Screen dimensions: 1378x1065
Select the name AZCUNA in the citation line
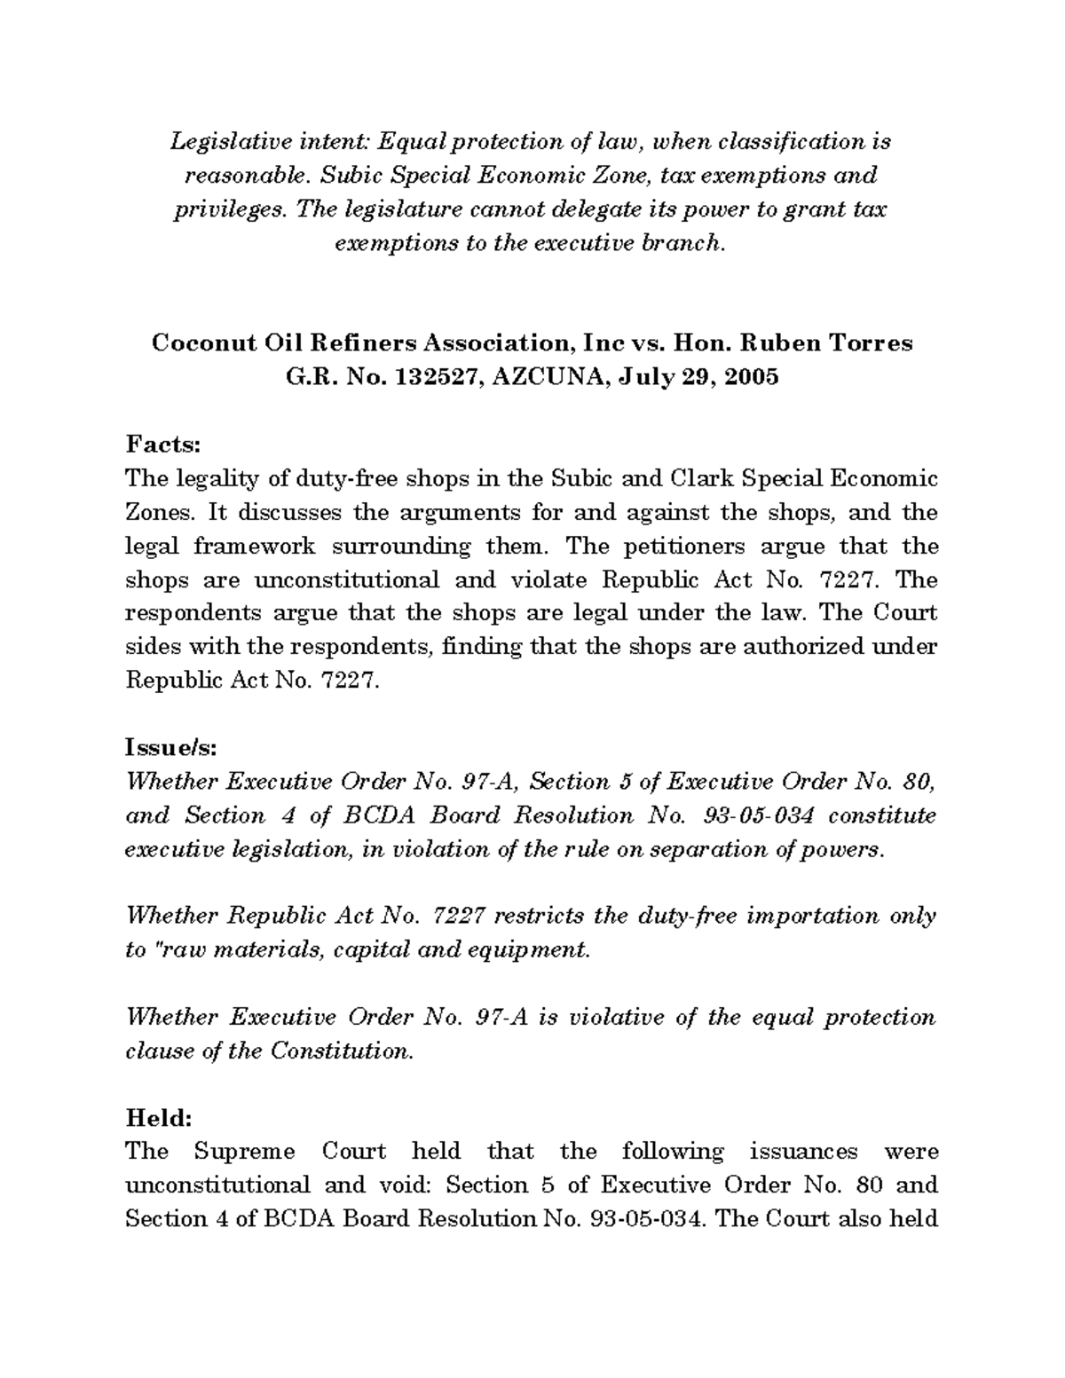(546, 376)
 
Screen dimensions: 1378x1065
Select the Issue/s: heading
(170, 747)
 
